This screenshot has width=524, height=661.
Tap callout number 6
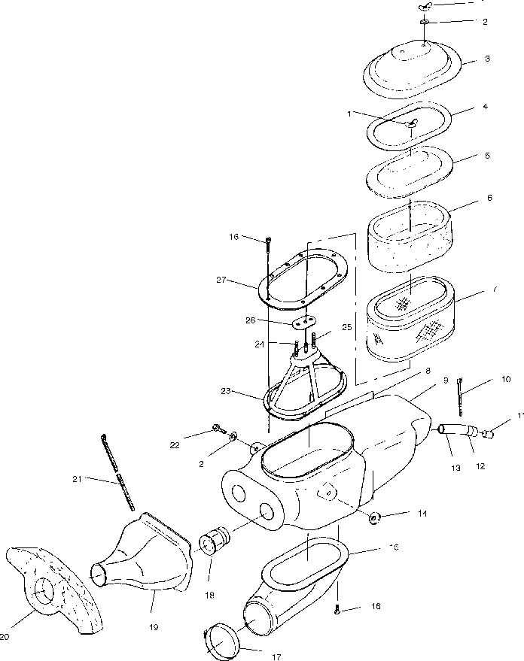[489, 198]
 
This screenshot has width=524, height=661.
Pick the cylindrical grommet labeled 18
[215, 541]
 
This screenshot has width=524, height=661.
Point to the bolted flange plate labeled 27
[305, 280]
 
